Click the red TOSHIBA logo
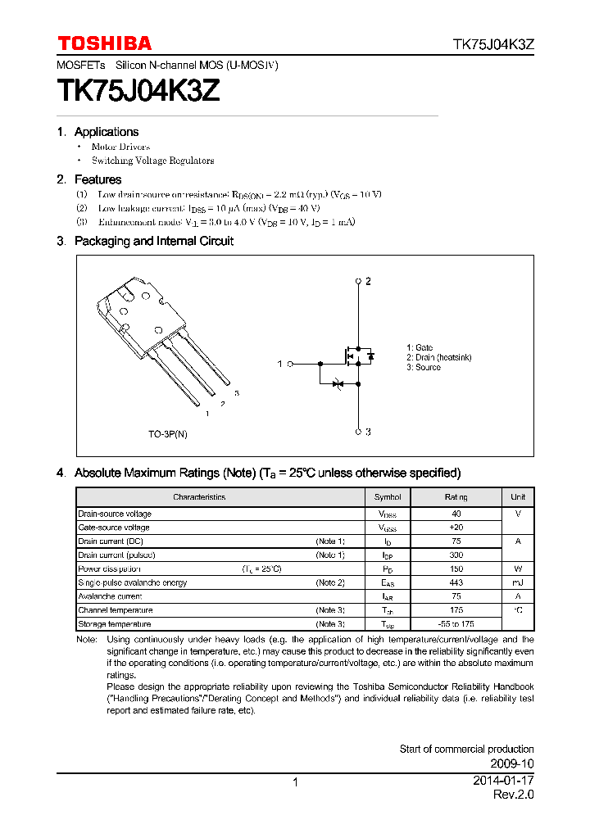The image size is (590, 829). click(104, 43)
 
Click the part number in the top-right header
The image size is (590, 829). click(494, 44)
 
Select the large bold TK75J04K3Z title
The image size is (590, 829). click(138, 91)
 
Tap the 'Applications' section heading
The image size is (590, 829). click(106, 132)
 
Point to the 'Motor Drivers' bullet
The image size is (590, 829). click(120, 147)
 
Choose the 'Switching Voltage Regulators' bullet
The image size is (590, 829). click(152, 161)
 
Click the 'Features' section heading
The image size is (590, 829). click(98, 179)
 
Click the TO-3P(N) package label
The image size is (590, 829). click(168, 434)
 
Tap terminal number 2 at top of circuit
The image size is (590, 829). click(368, 281)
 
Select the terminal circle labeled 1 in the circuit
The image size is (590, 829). click(291, 363)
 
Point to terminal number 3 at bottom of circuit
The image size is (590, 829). click(368, 432)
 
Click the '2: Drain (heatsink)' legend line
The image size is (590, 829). click(438, 358)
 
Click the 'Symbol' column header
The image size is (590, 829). click(388, 497)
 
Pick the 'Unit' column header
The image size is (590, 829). click(518, 497)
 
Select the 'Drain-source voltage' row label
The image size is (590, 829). click(115, 514)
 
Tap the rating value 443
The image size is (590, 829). click(456, 582)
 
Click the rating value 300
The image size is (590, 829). click(456, 555)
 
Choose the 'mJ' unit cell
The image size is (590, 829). click(518, 582)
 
